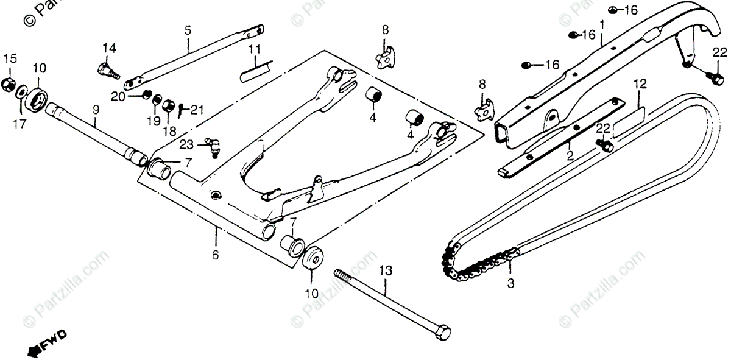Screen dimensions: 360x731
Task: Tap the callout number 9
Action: click(x=96, y=110)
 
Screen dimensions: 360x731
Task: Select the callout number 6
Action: click(x=215, y=255)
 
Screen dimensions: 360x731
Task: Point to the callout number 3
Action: click(x=510, y=283)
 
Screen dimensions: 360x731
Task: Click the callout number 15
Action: click(x=10, y=58)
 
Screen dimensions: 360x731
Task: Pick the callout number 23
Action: click(x=186, y=144)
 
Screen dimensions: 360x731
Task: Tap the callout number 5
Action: click(x=187, y=29)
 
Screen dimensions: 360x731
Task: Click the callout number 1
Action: click(x=602, y=25)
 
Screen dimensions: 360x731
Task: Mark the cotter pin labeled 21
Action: click(x=182, y=110)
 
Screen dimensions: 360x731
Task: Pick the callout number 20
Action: click(x=118, y=96)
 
